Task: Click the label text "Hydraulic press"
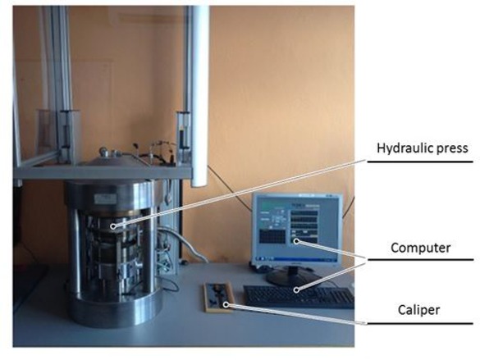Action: click(x=421, y=148)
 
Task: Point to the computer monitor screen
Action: click(x=295, y=230)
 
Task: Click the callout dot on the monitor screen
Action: click(x=294, y=242)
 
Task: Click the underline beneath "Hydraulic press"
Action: click(x=421, y=162)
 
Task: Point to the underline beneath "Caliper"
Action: click(x=421, y=323)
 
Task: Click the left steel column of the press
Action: click(x=75, y=254)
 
